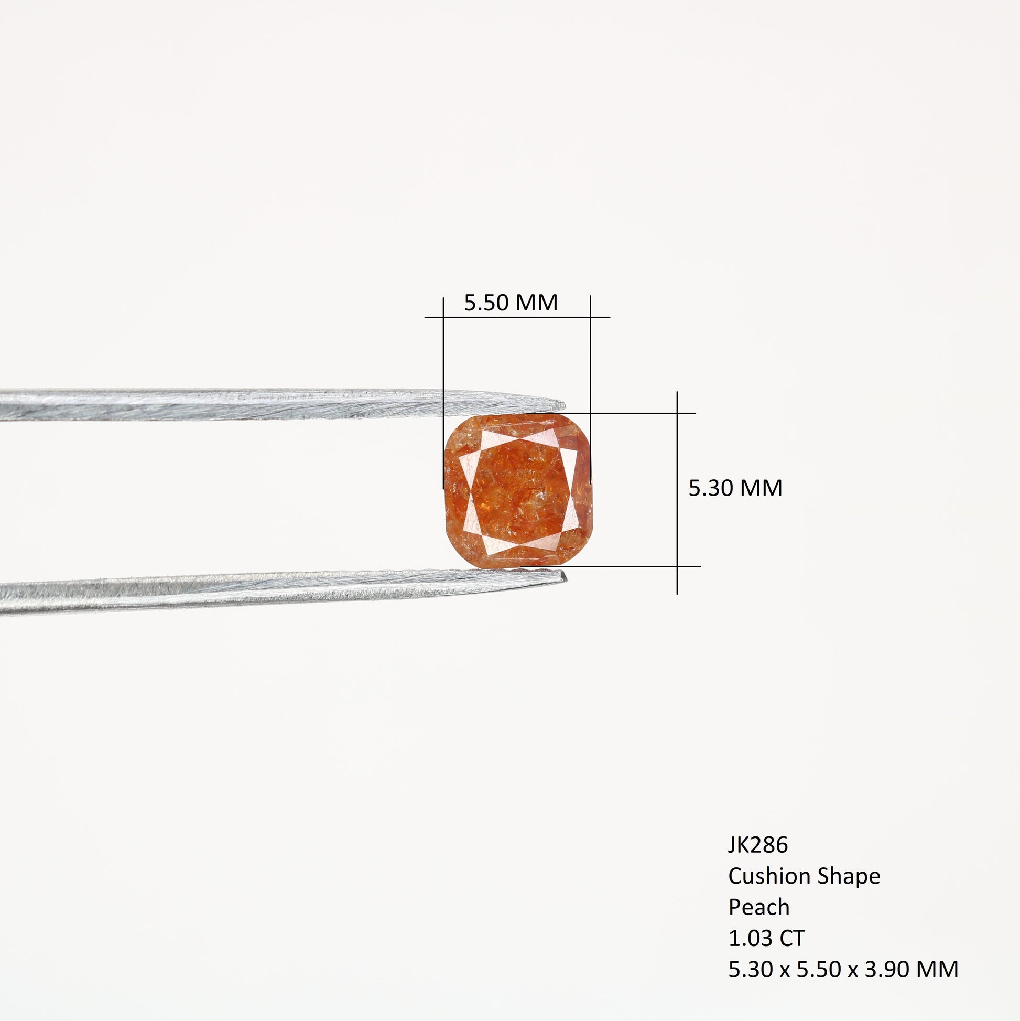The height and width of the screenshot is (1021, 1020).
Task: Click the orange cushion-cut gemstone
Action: (x=518, y=491)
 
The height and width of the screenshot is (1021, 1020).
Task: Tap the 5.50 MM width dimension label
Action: (x=511, y=303)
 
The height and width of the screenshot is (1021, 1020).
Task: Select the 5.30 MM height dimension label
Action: (x=735, y=488)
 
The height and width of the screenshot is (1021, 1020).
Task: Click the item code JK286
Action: (x=758, y=845)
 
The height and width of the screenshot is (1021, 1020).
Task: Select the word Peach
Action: (x=759, y=907)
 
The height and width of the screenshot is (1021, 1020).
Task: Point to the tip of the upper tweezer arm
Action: (x=565, y=405)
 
